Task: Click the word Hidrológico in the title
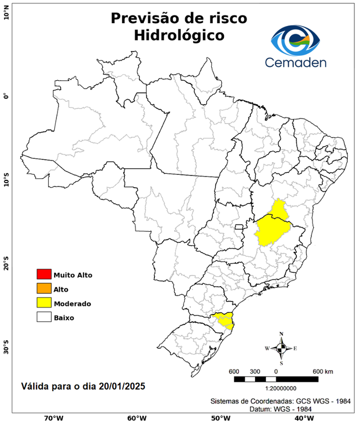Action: [179, 36]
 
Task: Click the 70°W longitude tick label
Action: [53, 418]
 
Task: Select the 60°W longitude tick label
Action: [136, 418]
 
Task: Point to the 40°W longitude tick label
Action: [302, 418]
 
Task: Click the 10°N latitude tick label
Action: [7, 15]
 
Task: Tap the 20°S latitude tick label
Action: [7, 264]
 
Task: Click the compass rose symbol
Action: [281, 348]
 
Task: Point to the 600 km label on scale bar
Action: [322, 371]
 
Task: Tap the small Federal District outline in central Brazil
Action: [239, 227]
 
